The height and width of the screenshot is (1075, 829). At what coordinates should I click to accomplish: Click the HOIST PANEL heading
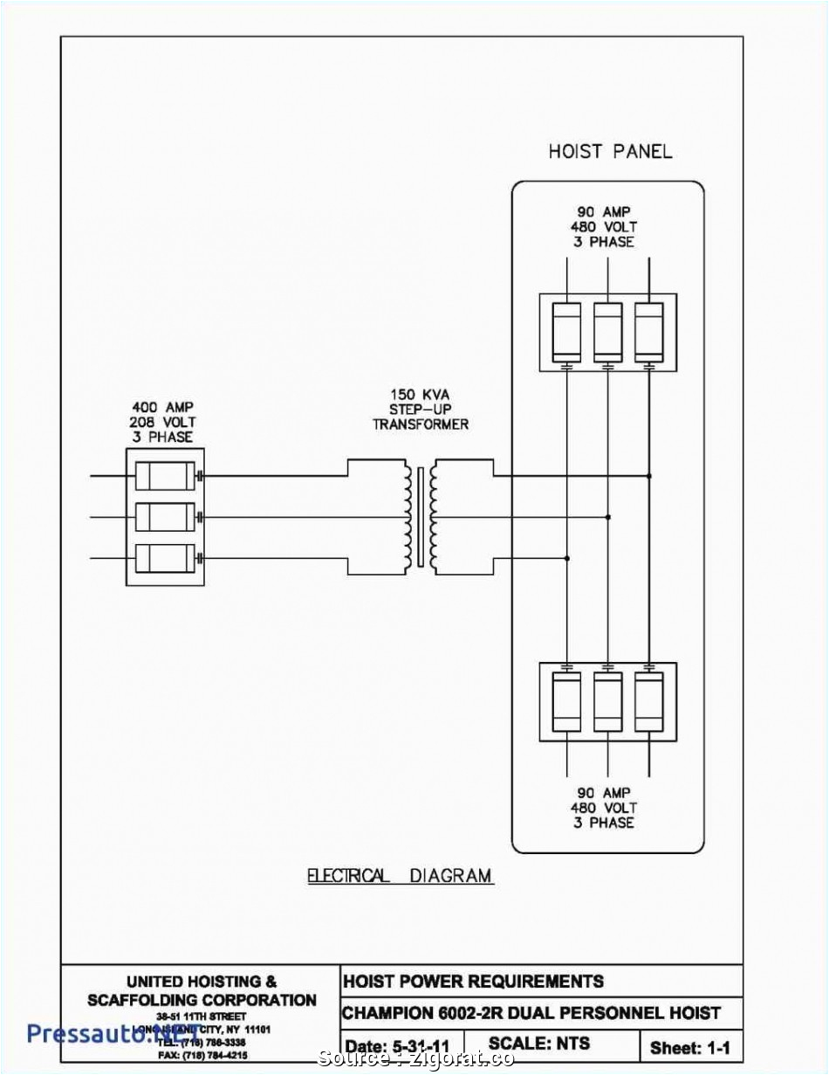click(610, 151)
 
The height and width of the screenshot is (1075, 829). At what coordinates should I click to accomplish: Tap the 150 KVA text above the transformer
click(420, 394)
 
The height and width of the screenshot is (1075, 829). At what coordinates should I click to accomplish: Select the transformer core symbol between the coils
click(421, 516)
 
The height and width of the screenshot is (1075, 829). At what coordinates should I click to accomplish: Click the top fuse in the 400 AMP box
click(164, 476)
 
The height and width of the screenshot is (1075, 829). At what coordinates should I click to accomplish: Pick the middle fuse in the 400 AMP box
click(164, 517)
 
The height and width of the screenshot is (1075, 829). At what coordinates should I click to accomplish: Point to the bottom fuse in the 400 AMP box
click(164, 557)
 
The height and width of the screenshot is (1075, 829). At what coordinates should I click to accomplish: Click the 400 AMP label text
click(162, 407)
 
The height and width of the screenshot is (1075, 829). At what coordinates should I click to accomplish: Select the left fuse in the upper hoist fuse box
click(567, 331)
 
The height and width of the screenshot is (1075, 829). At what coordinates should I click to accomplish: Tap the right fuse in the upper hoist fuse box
click(648, 331)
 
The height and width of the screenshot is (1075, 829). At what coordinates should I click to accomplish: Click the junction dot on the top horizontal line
click(648, 476)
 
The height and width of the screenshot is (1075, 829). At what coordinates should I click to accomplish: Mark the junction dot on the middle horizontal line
click(608, 517)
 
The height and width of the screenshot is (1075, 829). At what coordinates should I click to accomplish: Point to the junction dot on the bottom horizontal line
click(567, 558)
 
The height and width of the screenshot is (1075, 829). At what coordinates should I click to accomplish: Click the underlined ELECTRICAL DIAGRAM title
click(400, 876)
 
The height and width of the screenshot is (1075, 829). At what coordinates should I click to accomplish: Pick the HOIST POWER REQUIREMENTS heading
click(472, 981)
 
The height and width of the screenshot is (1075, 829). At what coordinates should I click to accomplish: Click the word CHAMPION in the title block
click(387, 1013)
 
